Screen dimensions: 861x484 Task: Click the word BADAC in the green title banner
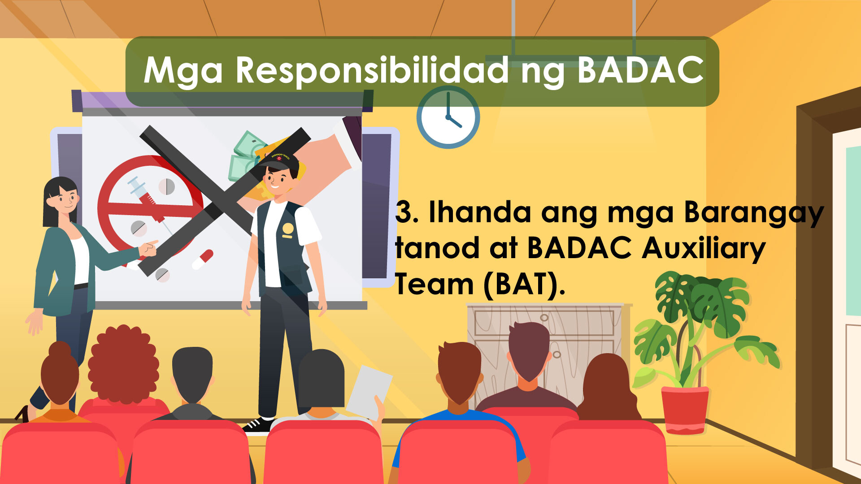(x=640, y=70)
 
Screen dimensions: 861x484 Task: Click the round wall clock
(x=448, y=117)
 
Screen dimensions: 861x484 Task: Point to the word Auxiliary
(x=704, y=249)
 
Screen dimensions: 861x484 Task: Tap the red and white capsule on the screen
(x=203, y=259)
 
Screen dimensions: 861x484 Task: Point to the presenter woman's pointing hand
(x=148, y=248)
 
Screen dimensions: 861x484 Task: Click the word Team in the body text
(x=434, y=285)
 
